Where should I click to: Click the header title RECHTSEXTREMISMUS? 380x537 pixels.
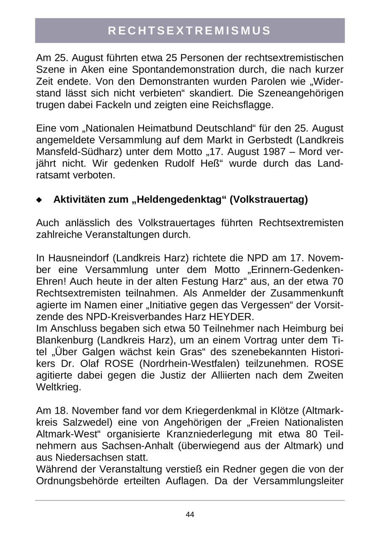(x=190, y=30)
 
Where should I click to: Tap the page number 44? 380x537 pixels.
(x=190, y=514)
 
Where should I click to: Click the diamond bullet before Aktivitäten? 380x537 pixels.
(x=39, y=200)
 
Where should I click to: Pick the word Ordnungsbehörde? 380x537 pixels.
(x=75, y=481)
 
